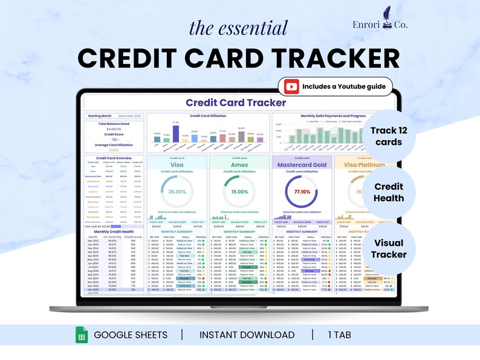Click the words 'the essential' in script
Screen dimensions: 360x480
pyautogui.click(x=239, y=28)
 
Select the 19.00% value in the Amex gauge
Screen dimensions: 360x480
pyautogui.click(x=239, y=191)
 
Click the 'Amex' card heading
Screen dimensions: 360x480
pyautogui.click(x=239, y=165)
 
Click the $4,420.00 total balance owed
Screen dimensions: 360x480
pyautogui.click(x=114, y=129)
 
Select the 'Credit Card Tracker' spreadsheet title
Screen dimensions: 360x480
pyautogui.click(x=236, y=103)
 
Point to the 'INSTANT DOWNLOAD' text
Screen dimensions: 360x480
pyautogui.click(x=247, y=335)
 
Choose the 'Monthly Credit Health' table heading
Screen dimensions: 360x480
pyautogui.click(x=114, y=232)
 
